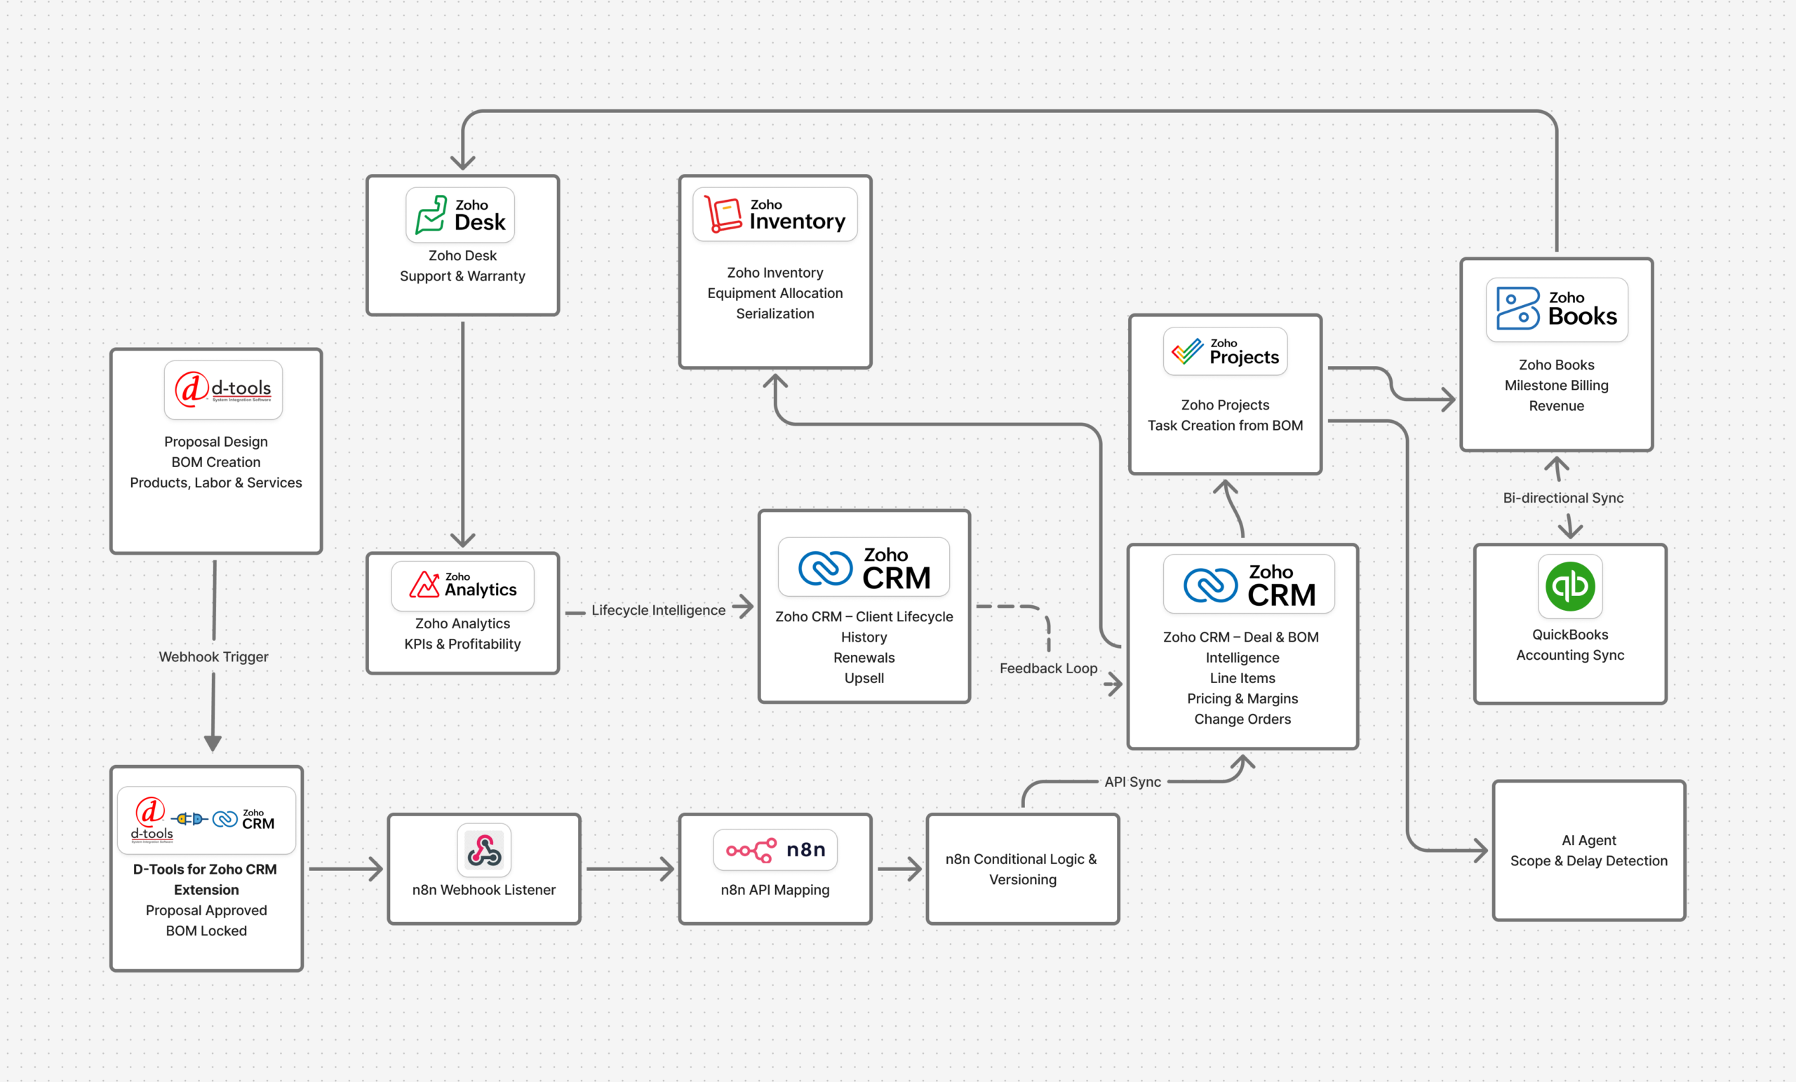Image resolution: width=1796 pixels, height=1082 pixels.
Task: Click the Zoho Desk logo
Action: (x=460, y=215)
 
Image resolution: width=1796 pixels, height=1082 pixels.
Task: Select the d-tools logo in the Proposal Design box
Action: (x=223, y=390)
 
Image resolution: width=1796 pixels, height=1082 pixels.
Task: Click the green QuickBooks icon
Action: (x=1570, y=586)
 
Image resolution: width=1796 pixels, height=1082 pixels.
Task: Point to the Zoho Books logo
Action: (x=1557, y=309)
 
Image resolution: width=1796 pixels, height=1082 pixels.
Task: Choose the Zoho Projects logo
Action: (x=1225, y=352)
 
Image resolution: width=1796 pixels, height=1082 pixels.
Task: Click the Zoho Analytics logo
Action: (x=462, y=586)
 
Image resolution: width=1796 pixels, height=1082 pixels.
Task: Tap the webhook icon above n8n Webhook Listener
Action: (x=484, y=850)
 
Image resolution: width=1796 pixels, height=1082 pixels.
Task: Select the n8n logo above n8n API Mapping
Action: (x=775, y=850)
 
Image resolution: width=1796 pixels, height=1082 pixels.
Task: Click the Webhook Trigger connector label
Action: (x=213, y=656)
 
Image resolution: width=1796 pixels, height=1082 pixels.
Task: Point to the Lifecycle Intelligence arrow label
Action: (x=658, y=610)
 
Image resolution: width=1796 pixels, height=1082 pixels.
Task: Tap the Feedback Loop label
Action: (x=1048, y=668)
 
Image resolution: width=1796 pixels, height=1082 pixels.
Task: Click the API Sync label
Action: (x=1132, y=782)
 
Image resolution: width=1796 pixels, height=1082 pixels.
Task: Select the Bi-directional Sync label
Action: (x=1563, y=498)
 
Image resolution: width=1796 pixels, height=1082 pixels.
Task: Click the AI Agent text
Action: (x=1588, y=840)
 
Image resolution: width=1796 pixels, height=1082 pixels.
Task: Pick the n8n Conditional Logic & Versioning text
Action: (x=1022, y=870)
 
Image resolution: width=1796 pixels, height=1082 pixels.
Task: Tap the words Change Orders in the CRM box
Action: (x=1242, y=719)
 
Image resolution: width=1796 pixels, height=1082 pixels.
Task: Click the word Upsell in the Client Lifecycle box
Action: (x=864, y=677)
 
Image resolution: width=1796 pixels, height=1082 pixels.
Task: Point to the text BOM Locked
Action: (x=206, y=931)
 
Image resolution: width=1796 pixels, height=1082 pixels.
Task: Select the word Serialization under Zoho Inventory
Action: (x=775, y=313)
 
